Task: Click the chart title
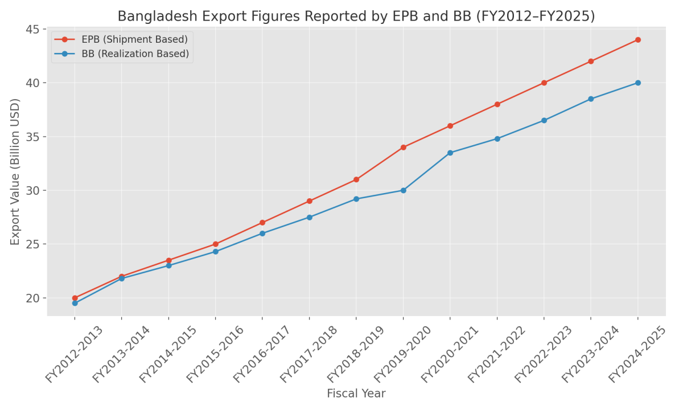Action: (356, 16)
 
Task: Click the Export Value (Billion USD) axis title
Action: (15, 171)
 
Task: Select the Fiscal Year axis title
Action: (356, 393)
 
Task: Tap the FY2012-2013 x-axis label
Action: (75, 354)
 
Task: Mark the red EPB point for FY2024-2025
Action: (637, 40)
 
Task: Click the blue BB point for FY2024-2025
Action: (637, 83)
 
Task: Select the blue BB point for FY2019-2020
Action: (403, 190)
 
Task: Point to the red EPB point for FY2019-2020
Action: (403, 147)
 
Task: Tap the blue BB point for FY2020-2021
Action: (450, 153)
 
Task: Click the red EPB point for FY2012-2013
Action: (75, 298)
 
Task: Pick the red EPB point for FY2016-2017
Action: (262, 223)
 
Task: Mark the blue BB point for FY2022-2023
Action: (544, 120)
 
